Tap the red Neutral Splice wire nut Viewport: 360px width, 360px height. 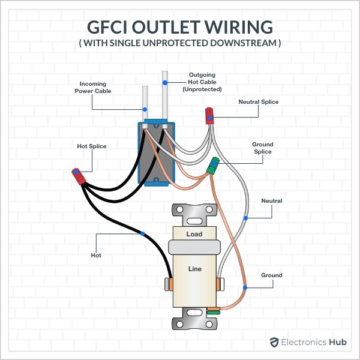coord(209,115)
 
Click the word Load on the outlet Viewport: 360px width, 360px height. coord(194,234)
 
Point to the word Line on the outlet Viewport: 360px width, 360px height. coord(194,269)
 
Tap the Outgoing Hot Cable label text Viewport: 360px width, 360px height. coord(202,82)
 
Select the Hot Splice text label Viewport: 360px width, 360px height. coord(90,146)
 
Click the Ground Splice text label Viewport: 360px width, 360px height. coord(262,148)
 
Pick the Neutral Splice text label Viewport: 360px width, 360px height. coord(258,102)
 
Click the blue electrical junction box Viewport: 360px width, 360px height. coord(157,153)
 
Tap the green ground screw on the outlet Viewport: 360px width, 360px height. coord(213,311)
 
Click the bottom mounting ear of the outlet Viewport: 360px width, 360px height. coord(194,321)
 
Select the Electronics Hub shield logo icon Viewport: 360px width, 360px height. coord(274,342)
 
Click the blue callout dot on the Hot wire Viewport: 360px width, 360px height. coord(142,233)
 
